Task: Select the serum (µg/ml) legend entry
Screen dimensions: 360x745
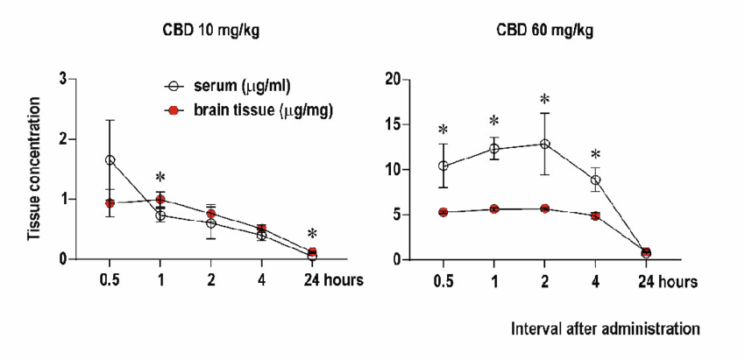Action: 231,86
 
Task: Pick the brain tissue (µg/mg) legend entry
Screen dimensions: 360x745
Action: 250,110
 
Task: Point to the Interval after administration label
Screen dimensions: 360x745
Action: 606,328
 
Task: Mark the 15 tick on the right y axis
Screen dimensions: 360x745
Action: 395,124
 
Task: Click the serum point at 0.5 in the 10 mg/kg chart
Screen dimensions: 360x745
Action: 110,160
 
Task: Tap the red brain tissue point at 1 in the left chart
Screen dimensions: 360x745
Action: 160,200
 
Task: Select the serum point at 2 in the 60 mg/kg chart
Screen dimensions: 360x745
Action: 544,144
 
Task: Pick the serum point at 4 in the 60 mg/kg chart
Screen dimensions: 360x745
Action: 595,180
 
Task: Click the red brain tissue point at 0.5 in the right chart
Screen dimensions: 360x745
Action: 443,212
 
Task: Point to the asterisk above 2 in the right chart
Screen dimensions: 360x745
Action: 544,100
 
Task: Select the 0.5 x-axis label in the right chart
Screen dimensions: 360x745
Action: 443,282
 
